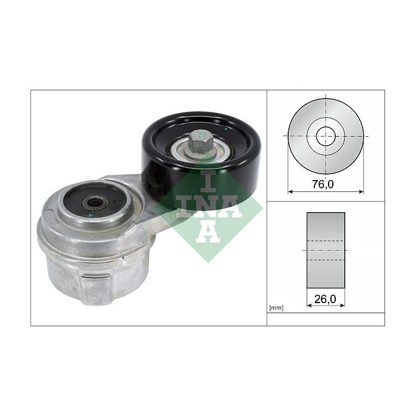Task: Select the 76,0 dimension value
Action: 323,184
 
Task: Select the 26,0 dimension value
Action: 325,300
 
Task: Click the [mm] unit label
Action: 276,308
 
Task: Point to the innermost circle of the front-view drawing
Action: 326,136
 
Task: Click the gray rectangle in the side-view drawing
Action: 326,250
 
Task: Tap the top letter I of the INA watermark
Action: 208,181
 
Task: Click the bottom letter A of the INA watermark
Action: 208,231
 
